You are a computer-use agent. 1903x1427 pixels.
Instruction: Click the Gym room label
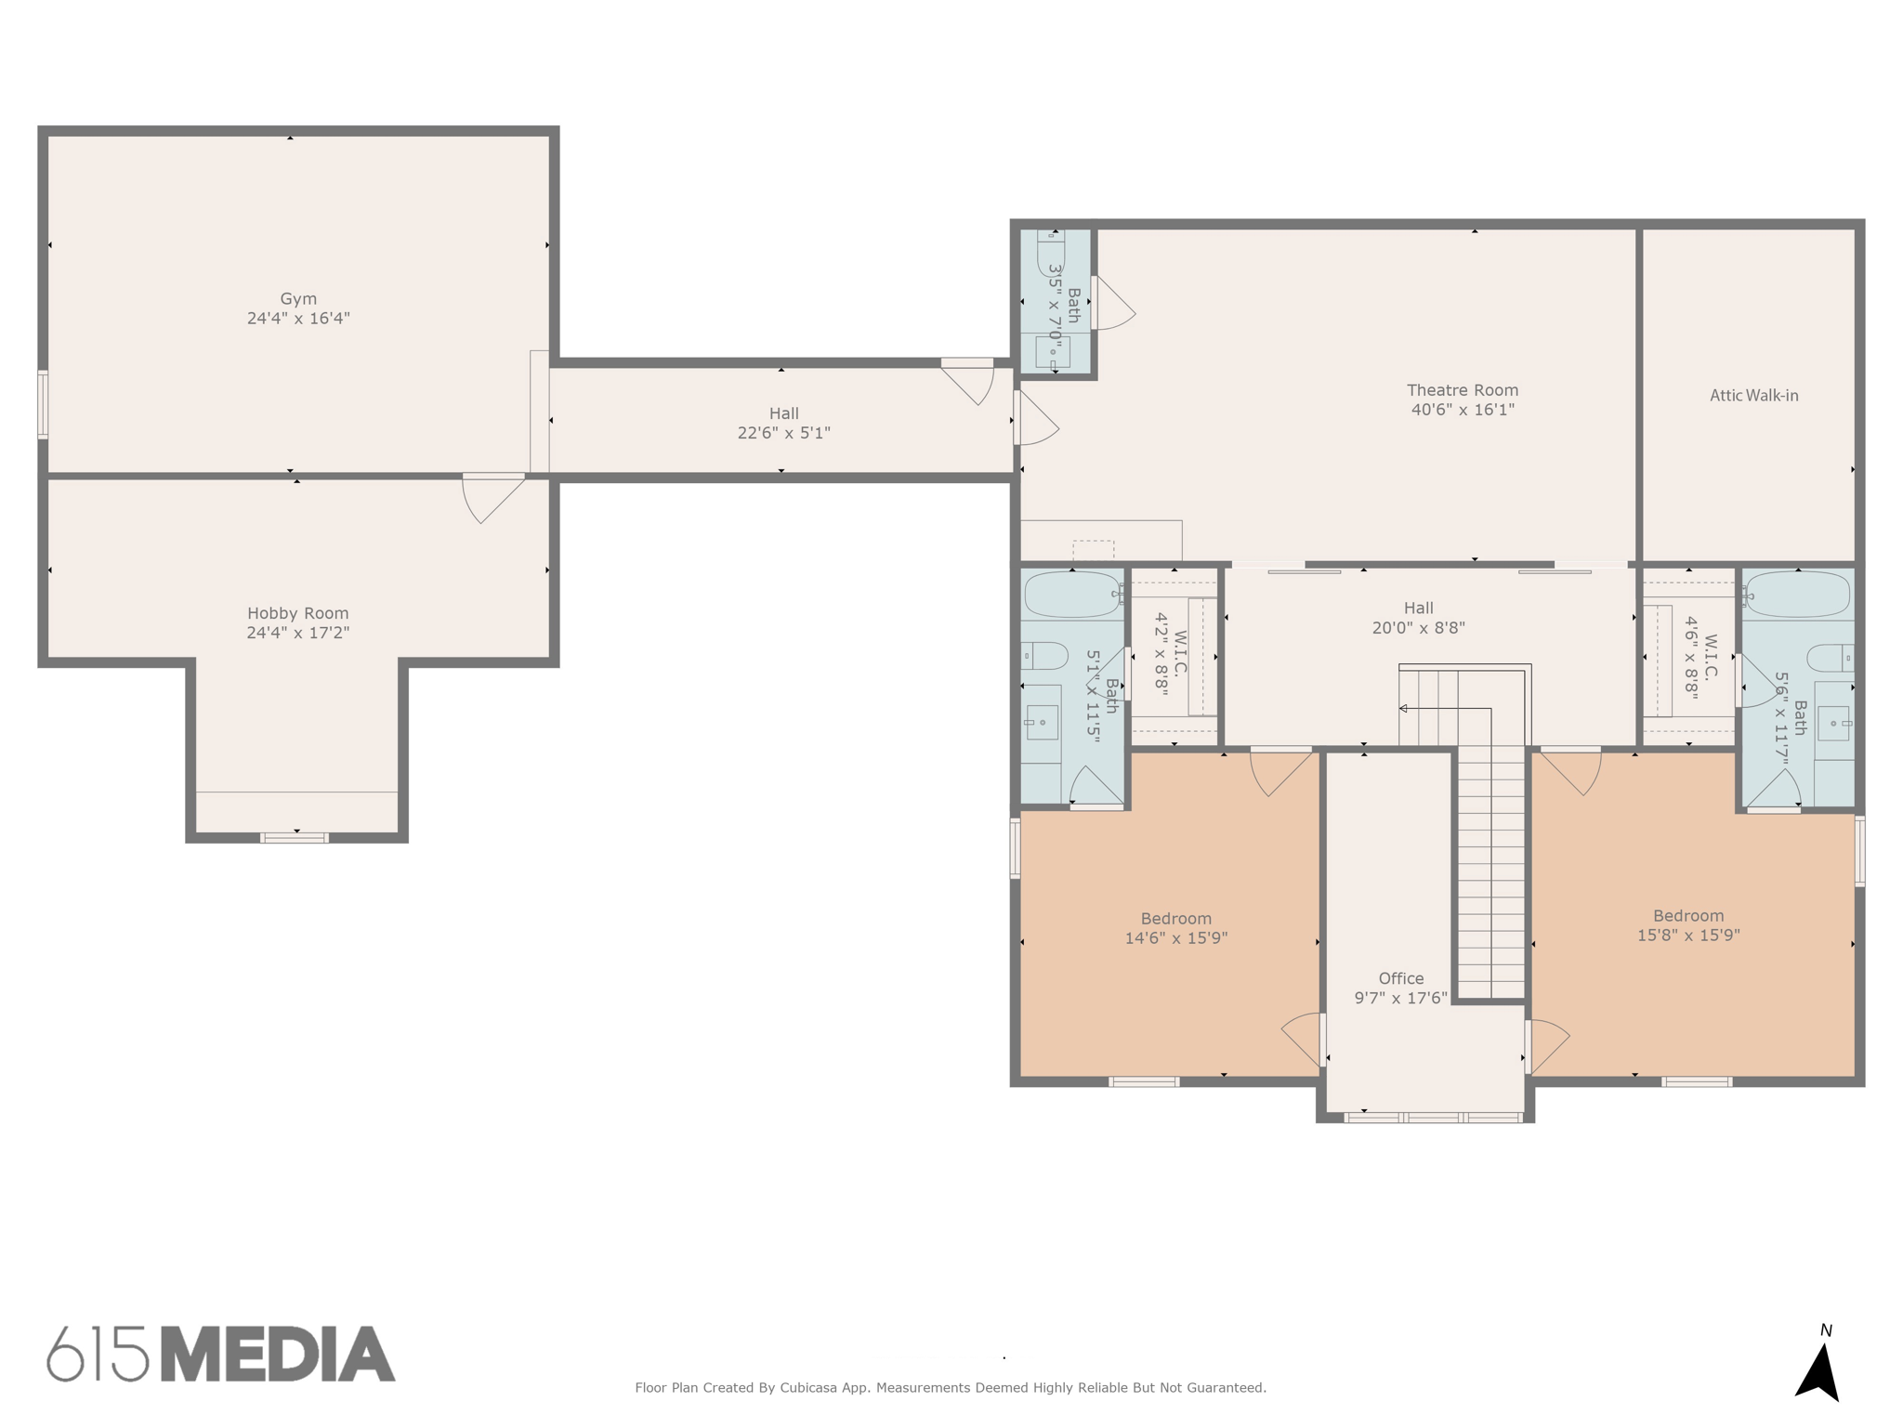click(298, 298)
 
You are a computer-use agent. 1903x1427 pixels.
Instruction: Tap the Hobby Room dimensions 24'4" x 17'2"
click(297, 633)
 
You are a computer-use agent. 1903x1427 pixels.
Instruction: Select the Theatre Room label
click(1462, 390)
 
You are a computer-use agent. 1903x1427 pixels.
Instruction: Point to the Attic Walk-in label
click(1753, 395)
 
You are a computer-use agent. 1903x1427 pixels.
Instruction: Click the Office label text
click(1400, 978)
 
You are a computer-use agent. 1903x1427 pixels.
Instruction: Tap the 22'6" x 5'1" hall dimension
click(783, 433)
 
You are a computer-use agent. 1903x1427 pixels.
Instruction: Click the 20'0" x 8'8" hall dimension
click(1418, 628)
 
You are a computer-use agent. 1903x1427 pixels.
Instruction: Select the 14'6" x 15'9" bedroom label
click(1175, 938)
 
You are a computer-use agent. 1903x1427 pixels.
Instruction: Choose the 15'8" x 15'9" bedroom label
click(1687, 936)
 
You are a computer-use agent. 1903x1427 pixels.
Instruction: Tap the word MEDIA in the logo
click(277, 1355)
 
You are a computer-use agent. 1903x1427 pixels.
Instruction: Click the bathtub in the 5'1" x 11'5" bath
click(1071, 595)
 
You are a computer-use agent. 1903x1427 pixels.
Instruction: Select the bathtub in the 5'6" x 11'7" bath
click(1797, 595)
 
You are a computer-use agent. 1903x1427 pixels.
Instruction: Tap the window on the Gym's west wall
click(43, 404)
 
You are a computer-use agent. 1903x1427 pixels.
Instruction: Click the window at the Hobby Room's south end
click(295, 838)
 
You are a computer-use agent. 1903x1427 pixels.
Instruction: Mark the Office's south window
click(1433, 1118)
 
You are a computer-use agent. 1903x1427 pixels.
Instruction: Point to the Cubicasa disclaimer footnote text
click(950, 1388)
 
